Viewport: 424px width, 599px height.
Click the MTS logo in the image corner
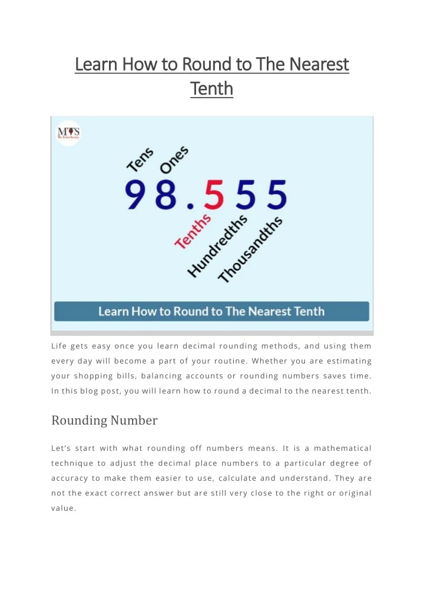pos(68,133)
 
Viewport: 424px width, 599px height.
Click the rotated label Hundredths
pos(217,245)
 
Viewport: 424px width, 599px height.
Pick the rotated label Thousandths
pos(250,249)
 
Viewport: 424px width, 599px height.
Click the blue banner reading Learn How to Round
pos(211,311)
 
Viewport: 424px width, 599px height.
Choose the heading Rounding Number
pos(104,420)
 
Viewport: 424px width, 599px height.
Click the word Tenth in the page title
pos(211,88)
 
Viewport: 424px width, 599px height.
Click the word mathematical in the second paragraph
pos(344,448)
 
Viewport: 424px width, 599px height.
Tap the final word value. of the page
pos(64,508)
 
